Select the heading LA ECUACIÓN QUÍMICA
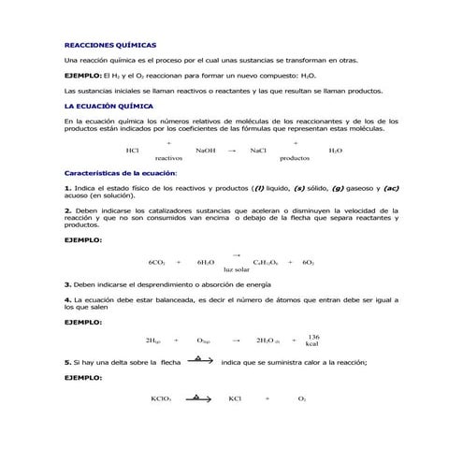click(x=108, y=108)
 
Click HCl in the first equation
click(x=132, y=150)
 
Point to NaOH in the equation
click(x=205, y=150)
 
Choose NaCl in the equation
click(x=258, y=150)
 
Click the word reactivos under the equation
click(x=168, y=159)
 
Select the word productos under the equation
click(x=294, y=159)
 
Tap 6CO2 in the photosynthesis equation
click(x=157, y=262)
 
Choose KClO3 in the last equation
click(x=161, y=399)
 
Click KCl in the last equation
click(x=235, y=399)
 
